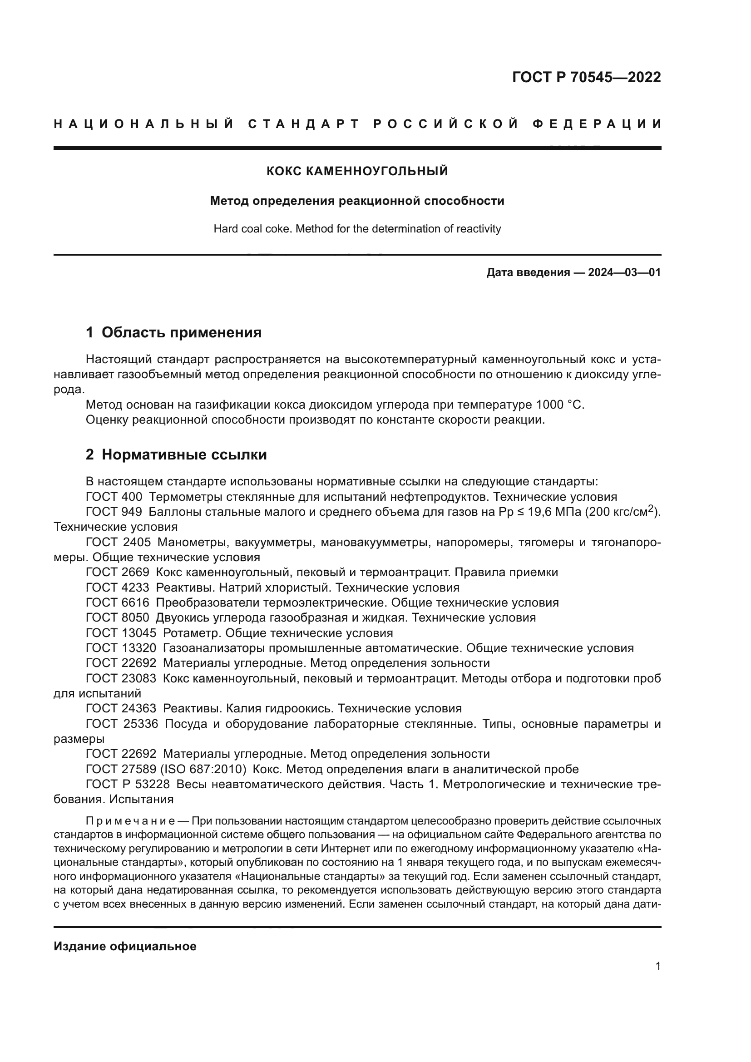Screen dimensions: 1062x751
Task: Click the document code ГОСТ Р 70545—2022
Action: (x=586, y=77)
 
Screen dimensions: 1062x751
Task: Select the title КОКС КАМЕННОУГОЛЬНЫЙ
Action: (x=357, y=171)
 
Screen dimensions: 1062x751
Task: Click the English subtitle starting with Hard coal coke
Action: (x=357, y=229)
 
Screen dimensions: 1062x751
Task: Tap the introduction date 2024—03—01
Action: (x=624, y=272)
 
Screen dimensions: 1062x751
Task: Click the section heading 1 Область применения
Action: (x=173, y=332)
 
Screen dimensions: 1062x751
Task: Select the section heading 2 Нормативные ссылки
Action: (x=176, y=454)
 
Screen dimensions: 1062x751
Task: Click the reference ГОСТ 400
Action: (x=114, y=497)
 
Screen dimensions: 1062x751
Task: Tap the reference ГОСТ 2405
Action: (x=118, y=542)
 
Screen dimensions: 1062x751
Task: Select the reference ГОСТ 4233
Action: (x=118, y=588)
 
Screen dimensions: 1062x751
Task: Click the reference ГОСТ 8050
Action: (x=118, y=617)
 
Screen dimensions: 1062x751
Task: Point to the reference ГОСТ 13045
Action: (x=121, y=633)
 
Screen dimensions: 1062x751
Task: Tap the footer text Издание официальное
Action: (x=125, y=946)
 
